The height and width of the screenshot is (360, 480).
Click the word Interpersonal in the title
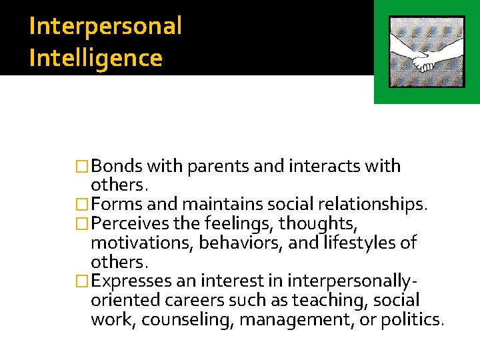coord(105,27)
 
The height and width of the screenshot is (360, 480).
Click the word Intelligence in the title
coord(96,58)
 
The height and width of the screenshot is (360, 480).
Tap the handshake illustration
coord(426,52)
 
